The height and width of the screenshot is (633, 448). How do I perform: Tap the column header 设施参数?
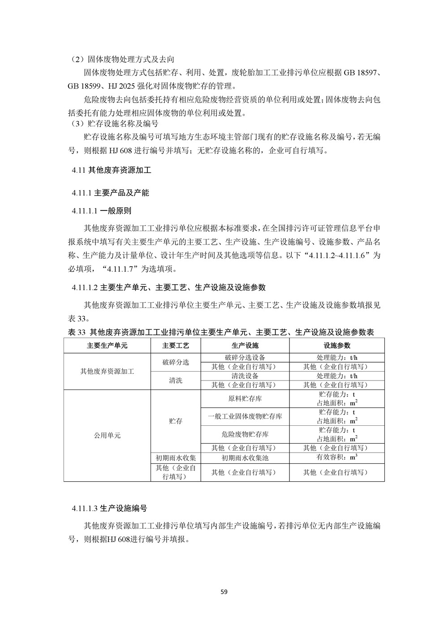(337, 346)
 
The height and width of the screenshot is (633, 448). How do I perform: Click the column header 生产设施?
(245, 346)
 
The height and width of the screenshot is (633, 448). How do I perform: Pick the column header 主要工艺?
(176, 346)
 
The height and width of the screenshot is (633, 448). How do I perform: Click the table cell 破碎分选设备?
(245, 357)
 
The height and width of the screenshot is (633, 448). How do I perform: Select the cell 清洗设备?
(245, 376)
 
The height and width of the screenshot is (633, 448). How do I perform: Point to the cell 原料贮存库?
(245, 398)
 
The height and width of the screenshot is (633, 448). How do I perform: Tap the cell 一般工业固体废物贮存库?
(245, 416)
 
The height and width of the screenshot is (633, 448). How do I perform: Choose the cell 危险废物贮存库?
(245, 434)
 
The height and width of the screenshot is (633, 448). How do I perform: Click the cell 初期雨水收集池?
(245, 458)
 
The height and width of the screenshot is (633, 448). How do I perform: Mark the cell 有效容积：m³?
(337, 458)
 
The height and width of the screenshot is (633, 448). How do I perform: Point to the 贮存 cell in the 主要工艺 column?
(176, 421)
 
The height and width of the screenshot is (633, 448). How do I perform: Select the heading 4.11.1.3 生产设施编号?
(109, 509)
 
